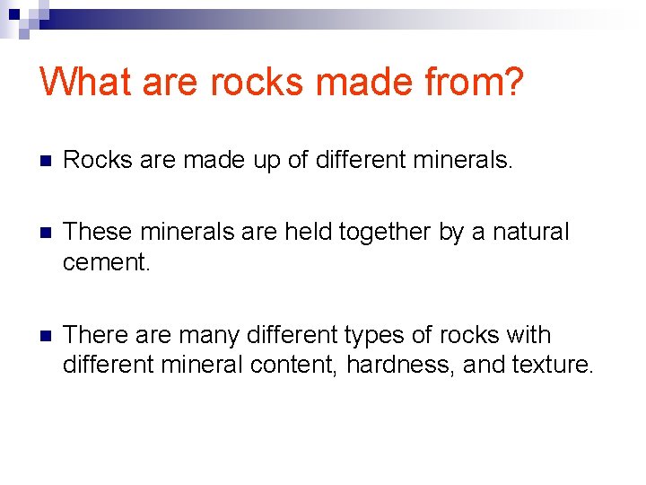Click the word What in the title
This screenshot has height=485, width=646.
coord(85,83)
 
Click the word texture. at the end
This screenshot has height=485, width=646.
coord(553,365)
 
